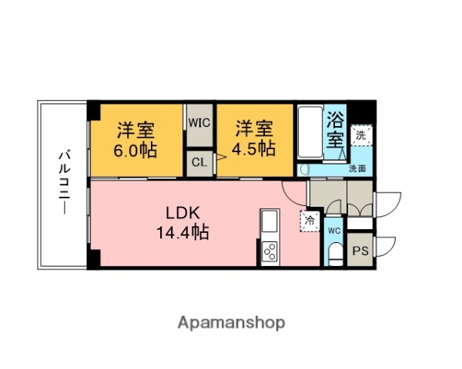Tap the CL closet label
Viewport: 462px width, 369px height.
(x=199, y=162)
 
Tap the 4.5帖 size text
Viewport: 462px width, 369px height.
(x=255, y=149)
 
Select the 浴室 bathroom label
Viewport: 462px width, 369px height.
(x=335, y=130)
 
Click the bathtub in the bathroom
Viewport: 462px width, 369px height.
(x=310, y=132)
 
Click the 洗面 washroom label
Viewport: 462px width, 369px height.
(x=357, y=168)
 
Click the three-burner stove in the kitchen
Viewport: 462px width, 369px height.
(x=271, y=251)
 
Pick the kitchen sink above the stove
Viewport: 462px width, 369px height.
(x=271, y=224)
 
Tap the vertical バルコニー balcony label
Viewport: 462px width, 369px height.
(x=63, y=184)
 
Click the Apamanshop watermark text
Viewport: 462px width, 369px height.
(x=231, y=322)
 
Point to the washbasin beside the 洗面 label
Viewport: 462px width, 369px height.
(x=304, y=169)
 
